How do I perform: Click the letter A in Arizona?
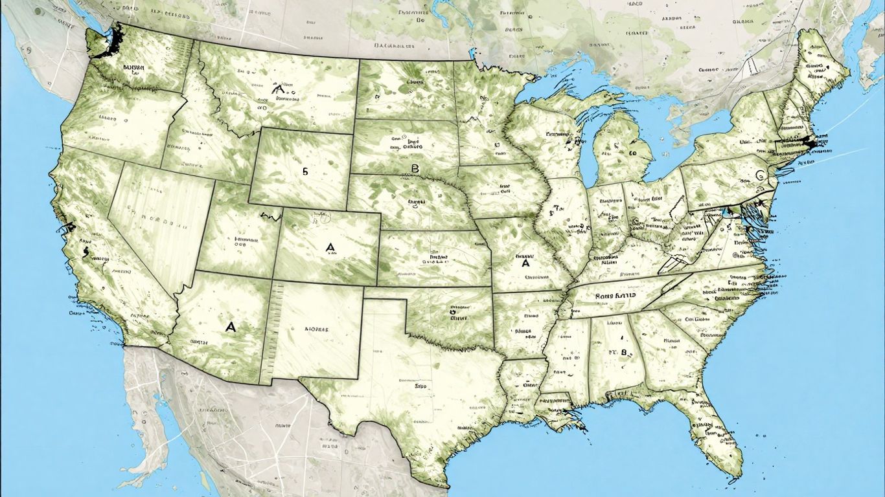pos(231,327)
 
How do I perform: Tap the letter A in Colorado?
pos(330,247)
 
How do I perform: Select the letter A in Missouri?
pos(525,263)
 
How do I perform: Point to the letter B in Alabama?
pos(625,353)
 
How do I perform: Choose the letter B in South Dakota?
pos(415,169)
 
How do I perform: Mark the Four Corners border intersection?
pos(271,280)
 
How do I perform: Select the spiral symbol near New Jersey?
pos(760,175)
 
